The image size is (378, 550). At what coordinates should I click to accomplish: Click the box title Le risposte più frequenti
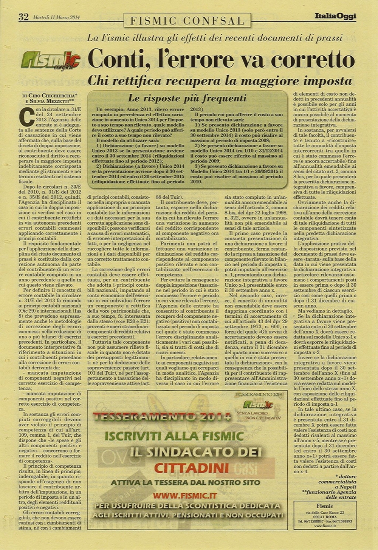coord(187,99)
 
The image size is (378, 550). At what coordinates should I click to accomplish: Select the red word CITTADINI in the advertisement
coord(191,468)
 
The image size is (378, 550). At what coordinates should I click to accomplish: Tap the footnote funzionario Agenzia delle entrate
coord(330,494)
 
